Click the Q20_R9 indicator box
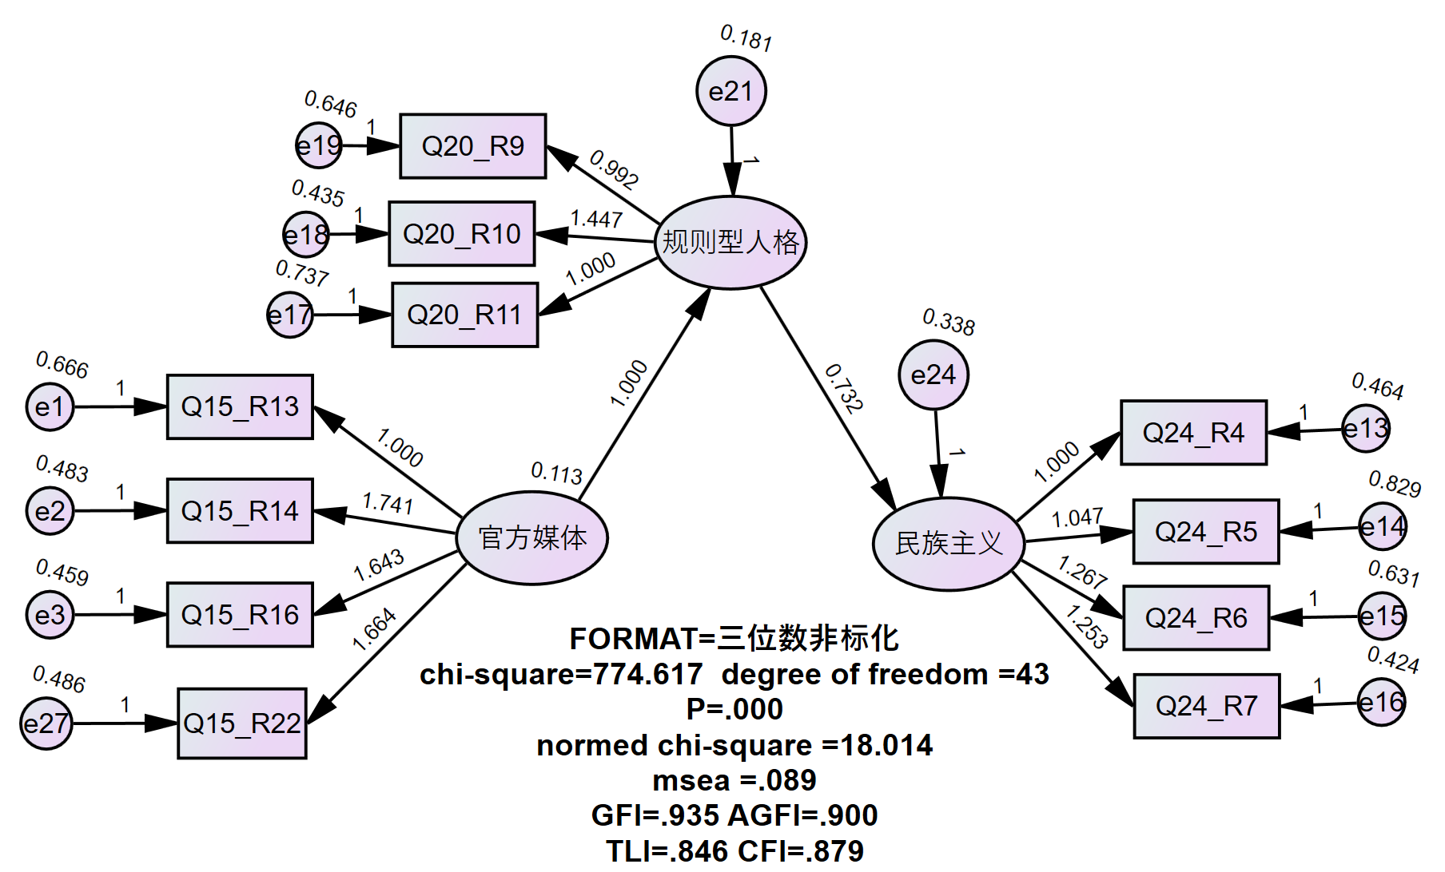pyautogui.click(x=472, y=146)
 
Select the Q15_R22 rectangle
pyautogui.click(x=241, y=723)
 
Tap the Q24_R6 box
pyautogui.click(x=1196, y=618)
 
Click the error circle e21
pyautogui.click(x=730, y=91)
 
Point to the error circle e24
pyautogui.click(x=933, y=375)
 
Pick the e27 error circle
pyautogui.click(x=46, y=723)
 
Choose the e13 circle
pyautogui.click(x=1365, y=429)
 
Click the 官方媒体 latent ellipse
pyautogui.click(x=532, y=537)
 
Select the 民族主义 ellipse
pyautogui.click(x=949, y=544)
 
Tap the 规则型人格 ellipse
pyautogui.click(x=730, y=242)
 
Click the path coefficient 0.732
pyautogui.click(x=844, y=389)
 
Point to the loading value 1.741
pyautogui.click(x=388, y=503)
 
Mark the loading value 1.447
pyautogui.click(x=596, y=219)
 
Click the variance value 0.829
pyautogui.click(x=1395, y=484)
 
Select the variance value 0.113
pyautogui.click(x=556, y=473)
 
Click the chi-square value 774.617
pyautogui.click(x=648, y=675)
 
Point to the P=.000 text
pyautogui.click(x=734, y=709)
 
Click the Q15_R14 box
pyautogui.click(x=240, y=511)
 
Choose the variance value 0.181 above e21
pyautogui.click(x=746, y=38)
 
